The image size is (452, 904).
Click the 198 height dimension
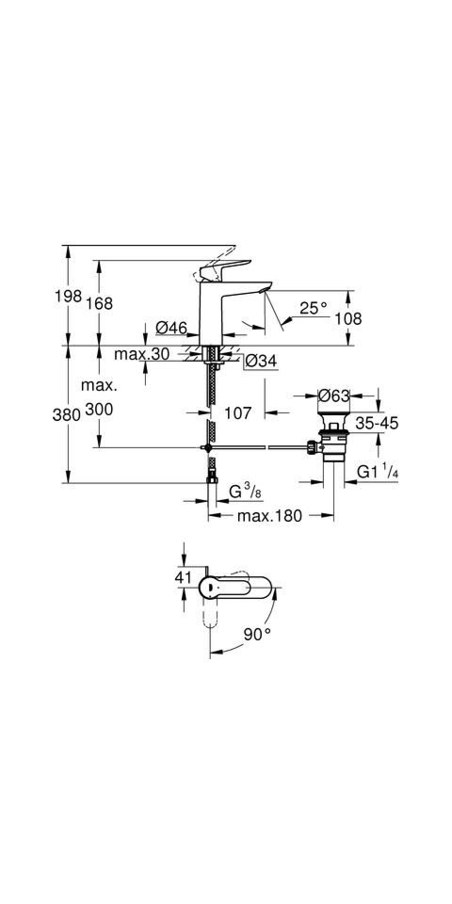(x=68, y=297)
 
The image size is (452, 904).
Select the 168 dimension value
(x=99, y=303)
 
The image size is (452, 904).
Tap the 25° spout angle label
(x=314, y=308)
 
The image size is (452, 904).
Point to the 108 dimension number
(x=348, y=318)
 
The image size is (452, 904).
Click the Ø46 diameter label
(x=171, y=328)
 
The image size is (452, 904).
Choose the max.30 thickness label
(x=142, y=354)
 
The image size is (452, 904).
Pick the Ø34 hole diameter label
(x=261, y=361)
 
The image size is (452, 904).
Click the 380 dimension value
(x=66, y=414)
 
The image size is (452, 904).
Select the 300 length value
(x=99, y=410)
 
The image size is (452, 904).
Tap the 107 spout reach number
(x=237, y=412)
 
